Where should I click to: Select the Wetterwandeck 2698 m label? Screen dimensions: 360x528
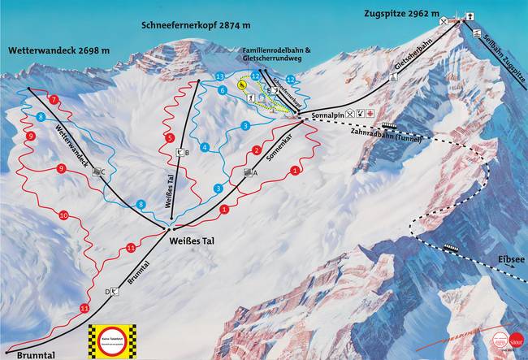pos(59,50)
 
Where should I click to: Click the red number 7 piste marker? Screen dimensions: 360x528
pos(54,99)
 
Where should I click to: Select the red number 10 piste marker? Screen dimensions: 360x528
pos(63,215)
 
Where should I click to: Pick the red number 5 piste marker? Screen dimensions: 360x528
pos(170,138)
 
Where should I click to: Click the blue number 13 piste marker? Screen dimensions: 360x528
pos(220,76)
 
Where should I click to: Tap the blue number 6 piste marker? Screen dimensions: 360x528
pos(222,90)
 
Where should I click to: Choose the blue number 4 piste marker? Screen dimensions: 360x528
pos(205,147)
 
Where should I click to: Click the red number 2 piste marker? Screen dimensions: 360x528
pos(256,150)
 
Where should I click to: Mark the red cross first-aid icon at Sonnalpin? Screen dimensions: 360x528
pos(370,113)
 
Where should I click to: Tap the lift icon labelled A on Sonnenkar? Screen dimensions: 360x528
pos(248,172)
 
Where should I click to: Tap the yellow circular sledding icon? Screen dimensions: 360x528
pos(242,84)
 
